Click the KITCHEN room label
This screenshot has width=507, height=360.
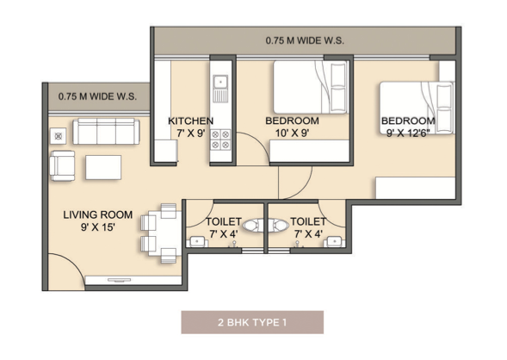click(191, 121)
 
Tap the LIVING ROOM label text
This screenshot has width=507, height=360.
click(97, 214)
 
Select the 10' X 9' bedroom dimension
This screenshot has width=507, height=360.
click(293, 133)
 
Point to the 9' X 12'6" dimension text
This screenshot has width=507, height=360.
click(408, 133)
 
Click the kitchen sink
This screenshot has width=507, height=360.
click(220, 89)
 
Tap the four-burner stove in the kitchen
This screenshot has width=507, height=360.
click(220, 140)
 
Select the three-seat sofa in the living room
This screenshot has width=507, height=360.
click(106, 131)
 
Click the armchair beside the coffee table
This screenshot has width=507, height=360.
click(62, 165)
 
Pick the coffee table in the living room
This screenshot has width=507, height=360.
click(103, 167)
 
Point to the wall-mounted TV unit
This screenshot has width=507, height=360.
click(133, 280)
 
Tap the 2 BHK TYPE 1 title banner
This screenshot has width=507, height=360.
click(252, 322)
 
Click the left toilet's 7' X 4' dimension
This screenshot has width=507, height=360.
click(224, 233)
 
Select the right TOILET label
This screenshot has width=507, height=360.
click(308, 221)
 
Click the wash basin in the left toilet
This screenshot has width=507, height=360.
click(197, 242)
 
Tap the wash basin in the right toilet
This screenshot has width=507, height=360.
click(335, 242)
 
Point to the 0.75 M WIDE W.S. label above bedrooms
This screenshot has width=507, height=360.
click(305, 40)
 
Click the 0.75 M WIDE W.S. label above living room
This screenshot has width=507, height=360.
click(97, 96)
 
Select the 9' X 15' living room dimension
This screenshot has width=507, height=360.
click(98, 227)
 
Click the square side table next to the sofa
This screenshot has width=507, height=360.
click(59, 136)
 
